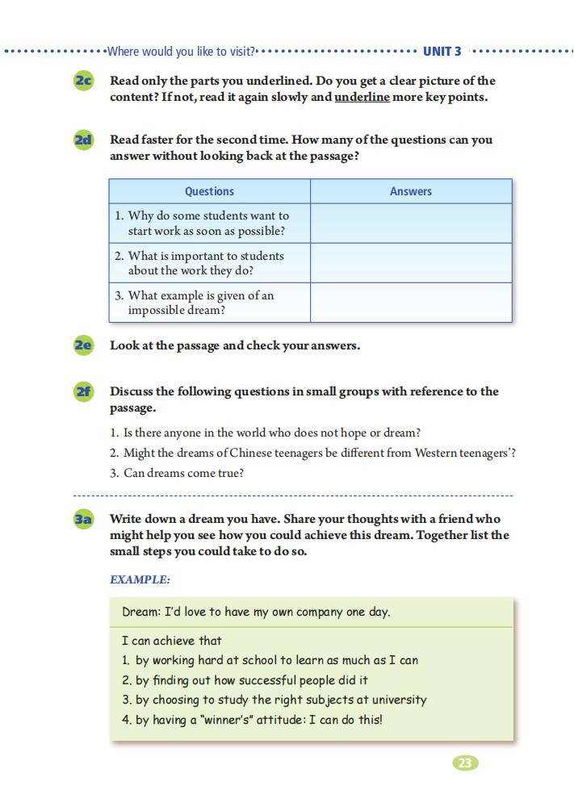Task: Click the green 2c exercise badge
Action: [x=83, y=81]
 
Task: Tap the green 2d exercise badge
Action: [x=83, y=140]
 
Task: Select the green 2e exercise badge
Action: [x=83, y=345]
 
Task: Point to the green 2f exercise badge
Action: [x=83, y=391]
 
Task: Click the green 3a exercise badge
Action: [x=83, y=519]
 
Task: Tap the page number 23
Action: [x=465, y=763]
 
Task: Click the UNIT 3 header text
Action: [x=442, y=52]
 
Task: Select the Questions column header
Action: [x=209, y=191]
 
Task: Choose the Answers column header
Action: [x=411, y=191]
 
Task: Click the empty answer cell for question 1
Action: [x=411, y=224]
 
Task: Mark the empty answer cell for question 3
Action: [x=411, y=303]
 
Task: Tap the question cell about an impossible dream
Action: [x=209, y=303]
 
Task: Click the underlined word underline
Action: [x=362, y=97]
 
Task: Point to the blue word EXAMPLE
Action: [x=140, y=579]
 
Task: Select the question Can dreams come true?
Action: [x=183, y=473]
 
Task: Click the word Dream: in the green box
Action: [x=141, y=612]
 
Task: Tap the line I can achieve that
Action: [x=171, y=641]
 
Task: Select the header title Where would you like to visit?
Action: [x=181, y=52]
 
